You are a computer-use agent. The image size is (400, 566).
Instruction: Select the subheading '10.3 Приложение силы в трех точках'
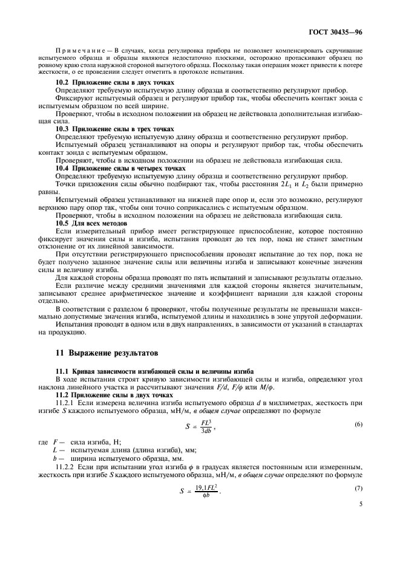pyautogui.click(x=114, y=129)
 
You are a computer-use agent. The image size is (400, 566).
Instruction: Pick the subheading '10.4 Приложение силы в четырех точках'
pyautogui.click(x=120, y=168)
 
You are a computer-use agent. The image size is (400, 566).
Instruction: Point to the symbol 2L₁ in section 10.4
pyautogui.click(x=287, y=184)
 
